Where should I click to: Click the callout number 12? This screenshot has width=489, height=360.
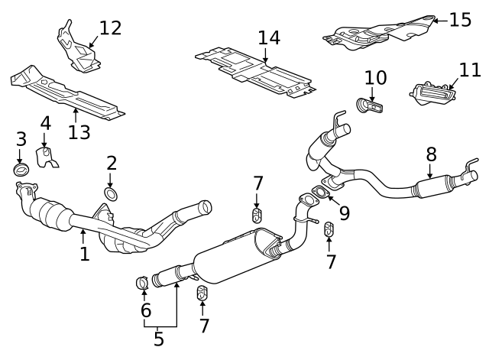tap(110, 28)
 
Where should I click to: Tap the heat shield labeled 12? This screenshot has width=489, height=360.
tap(76, 49)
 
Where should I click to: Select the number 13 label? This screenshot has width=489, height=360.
tap(79, 132)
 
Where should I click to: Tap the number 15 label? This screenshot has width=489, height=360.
tap(460, 19)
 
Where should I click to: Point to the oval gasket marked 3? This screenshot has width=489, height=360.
tap(21, 169)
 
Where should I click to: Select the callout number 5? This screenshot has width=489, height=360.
tap(159, 339)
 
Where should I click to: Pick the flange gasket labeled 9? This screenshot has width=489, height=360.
tap(322, 202)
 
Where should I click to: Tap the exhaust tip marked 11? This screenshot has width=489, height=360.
tap(432, 96)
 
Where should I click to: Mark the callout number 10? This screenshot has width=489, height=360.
tap(375, 77)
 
